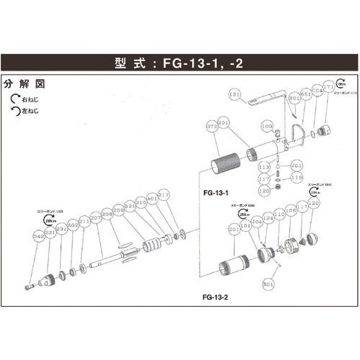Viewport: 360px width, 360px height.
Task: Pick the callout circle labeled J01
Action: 295,165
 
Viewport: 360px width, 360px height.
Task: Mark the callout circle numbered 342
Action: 37,235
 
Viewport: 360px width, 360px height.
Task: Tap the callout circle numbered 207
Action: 95,218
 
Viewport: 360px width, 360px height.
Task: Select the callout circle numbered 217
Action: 163,194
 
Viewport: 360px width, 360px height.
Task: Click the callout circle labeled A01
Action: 151,198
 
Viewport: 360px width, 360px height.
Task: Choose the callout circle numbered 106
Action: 290,211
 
